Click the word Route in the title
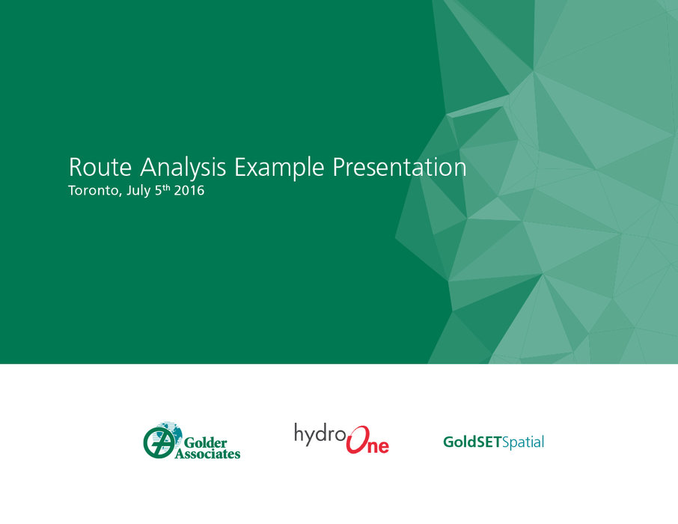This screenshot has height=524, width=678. [100, 167]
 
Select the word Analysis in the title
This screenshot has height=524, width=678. [183, 168]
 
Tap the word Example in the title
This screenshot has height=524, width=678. [279, 168]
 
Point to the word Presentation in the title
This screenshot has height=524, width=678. [400, 168]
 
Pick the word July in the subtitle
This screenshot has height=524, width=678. [138, 191]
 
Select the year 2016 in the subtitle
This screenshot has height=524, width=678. [189, 191]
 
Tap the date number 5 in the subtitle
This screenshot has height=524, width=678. [158, 191]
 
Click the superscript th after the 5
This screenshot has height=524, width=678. [166, 187]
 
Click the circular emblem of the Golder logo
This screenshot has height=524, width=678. [159, 442]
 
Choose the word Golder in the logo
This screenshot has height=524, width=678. [205, 442]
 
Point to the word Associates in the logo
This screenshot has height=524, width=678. [207, 454]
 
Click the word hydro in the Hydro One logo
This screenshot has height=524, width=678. [320, 434]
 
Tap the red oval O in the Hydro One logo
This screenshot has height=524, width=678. [358, 439]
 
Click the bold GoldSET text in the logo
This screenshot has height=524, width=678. [473, 442]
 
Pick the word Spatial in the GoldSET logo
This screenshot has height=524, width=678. [523, 443]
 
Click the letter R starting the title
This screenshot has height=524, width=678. [76, 167]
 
